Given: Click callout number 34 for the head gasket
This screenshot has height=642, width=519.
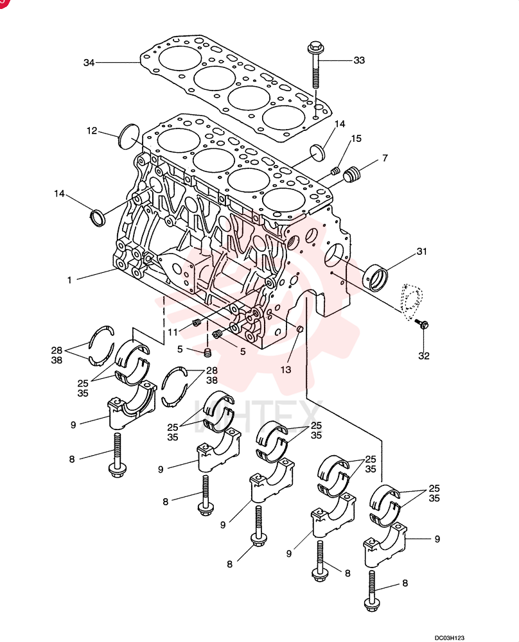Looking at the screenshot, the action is [x=89, y=63].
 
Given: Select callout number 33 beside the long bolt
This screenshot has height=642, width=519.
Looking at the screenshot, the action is [x=359, y=60].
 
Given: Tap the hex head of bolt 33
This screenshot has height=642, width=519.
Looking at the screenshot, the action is [x=315, y=46].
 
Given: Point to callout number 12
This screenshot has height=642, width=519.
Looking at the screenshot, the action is [x=92, y=130].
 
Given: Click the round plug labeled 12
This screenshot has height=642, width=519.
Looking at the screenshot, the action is [x=129, y=135].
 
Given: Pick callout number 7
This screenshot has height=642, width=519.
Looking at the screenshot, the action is [x=385, y=158].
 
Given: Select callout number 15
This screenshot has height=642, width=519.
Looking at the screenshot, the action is [x=356, y=139].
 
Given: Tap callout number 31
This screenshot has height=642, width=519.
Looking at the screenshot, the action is [x=421, y=252].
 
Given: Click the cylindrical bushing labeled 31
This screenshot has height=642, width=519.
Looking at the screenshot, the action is [x=377, y=277].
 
